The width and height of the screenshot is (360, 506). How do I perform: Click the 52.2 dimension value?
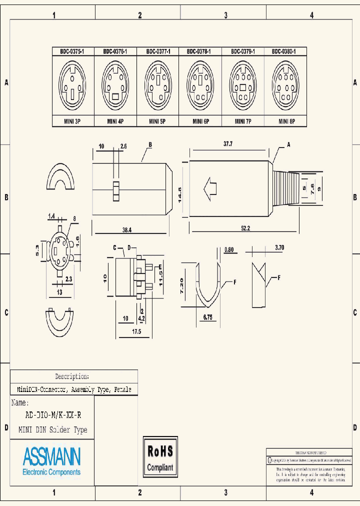coord(245,228)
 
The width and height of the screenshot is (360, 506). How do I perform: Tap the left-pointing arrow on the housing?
coord(210,189)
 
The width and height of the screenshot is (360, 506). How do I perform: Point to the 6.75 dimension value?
coord(208,316)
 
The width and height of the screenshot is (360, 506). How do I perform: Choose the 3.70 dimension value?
coord(279,247)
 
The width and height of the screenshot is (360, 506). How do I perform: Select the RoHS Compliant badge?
coord(160,456)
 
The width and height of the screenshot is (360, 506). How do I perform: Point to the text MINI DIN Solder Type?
coord(52,429)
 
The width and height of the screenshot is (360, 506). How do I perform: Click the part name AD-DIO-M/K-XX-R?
coord(53,415)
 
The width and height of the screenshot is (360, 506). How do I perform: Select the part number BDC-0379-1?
coord(243,51)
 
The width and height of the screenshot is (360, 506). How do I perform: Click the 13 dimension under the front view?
coord(59,292)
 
